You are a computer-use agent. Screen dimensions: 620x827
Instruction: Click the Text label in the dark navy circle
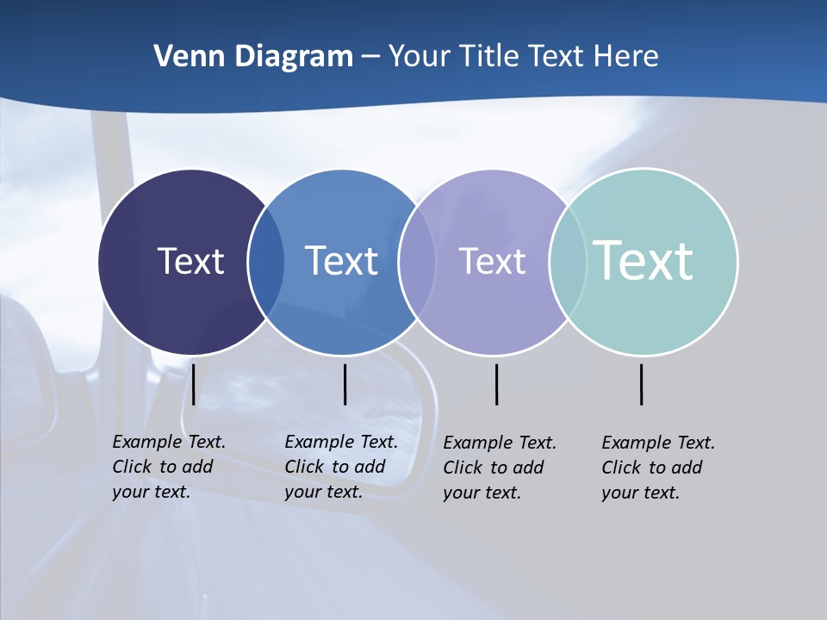point(190,261)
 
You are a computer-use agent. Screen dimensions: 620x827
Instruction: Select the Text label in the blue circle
point(342,261)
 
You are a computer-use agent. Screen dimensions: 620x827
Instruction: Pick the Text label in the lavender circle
point(492,261)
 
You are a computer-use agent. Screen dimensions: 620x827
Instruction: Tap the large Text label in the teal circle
point(644,260)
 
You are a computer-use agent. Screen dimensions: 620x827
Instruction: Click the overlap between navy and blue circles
point(266,262)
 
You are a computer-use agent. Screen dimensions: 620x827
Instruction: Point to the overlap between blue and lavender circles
point(416,262)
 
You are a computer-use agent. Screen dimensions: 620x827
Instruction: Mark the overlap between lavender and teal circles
point(568,262)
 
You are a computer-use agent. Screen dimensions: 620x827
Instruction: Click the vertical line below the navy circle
point(194,384)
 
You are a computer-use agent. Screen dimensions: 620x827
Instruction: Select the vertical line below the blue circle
point(345,384)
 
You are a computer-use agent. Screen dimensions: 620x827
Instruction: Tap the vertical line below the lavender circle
point(497,384)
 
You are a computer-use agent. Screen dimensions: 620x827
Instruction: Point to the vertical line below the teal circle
point(642,384)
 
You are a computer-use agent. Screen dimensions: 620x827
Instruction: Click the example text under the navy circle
point(168,467)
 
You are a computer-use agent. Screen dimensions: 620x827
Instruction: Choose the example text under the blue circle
point(340,467)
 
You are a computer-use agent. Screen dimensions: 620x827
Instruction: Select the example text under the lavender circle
point(499,468)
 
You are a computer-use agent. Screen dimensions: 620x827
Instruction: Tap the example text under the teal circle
point(657,468)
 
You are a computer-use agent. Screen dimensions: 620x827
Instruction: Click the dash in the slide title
point(370,57)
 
